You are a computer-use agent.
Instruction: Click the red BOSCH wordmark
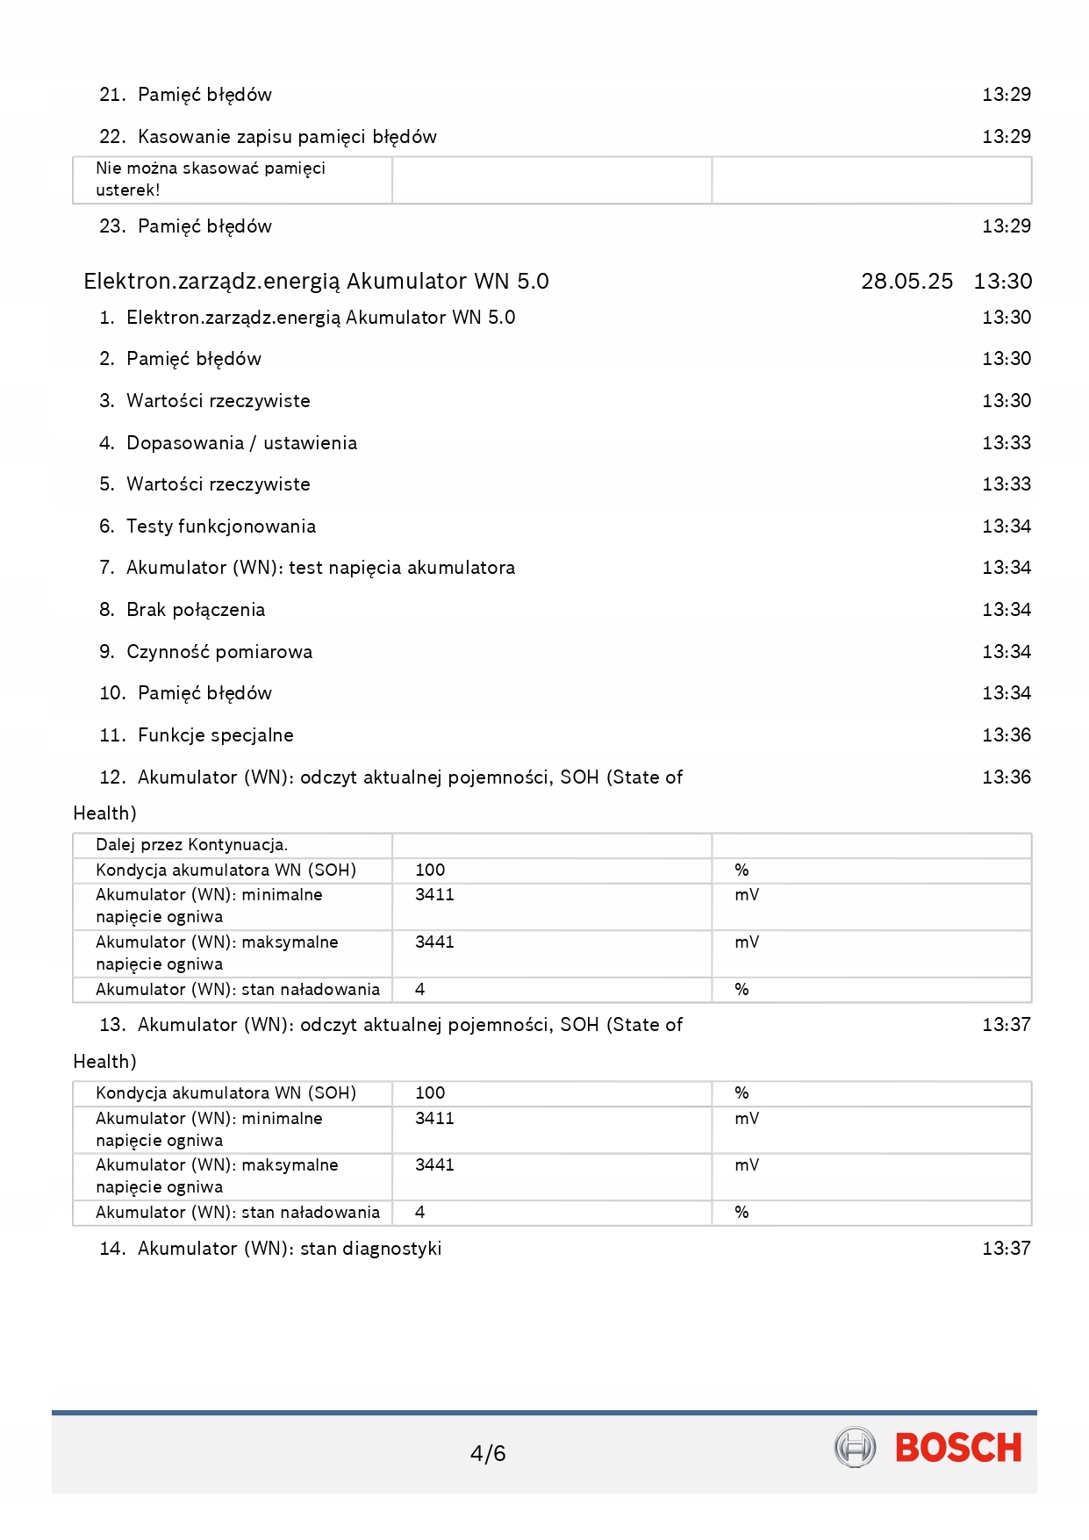[958, 1448]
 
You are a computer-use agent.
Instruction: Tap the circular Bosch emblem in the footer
[855, 1448]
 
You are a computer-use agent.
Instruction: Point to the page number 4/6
[488, 1454]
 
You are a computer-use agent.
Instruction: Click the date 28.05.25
[906, 282]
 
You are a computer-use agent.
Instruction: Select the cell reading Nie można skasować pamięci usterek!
[211, 179]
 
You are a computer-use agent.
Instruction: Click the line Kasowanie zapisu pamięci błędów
[287, 137]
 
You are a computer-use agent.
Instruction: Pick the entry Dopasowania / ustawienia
[241, 443]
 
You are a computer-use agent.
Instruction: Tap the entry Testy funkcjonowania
[221, 526]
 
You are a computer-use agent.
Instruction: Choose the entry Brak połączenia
[196, 610]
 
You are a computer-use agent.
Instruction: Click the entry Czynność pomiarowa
[219, 652]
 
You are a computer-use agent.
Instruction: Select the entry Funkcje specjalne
[216, 735]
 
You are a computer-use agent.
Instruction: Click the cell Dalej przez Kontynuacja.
[192, 845]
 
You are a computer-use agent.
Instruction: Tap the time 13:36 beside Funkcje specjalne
[1007, 735]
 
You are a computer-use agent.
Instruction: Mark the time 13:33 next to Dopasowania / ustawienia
[1007, 443]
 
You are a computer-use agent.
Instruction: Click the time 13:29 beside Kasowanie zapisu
[1007, 137]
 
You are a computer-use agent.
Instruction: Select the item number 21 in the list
[111, 95]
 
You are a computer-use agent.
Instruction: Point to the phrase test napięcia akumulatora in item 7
[402, 568]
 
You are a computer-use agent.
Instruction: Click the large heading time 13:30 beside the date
[1003, 282]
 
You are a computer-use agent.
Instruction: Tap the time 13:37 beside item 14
[1007, 1249]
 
